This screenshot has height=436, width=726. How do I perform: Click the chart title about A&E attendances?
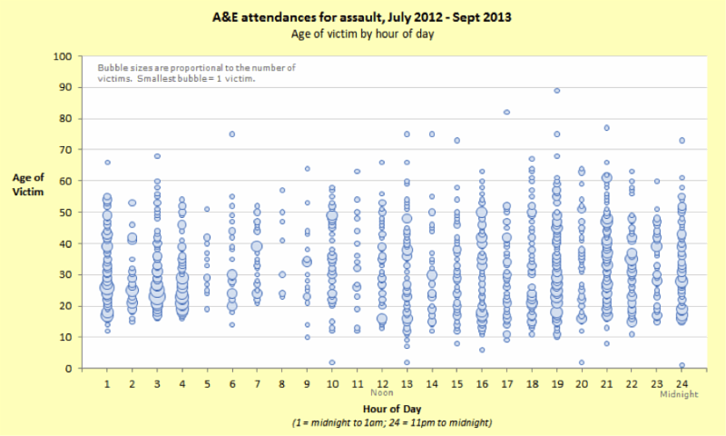[362, 16]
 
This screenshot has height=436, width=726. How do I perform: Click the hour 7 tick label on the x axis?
[257, 384]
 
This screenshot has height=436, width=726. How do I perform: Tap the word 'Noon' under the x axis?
[382, 395]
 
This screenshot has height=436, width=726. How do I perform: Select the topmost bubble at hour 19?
[556, 90]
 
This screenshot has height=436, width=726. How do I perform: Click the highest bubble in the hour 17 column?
[506, 113]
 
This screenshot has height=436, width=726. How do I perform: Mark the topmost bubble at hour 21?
[606, 128]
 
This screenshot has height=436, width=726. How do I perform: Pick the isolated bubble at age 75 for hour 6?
[231, 134]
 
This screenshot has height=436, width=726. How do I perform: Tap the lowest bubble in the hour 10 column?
[332, 362]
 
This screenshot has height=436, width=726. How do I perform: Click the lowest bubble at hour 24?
[682, 365]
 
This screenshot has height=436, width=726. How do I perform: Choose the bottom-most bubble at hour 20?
[582, 362]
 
